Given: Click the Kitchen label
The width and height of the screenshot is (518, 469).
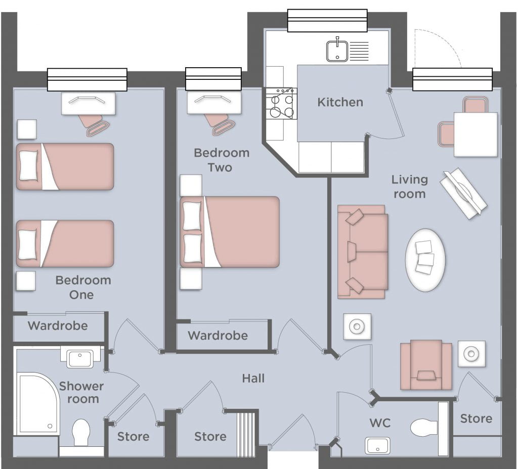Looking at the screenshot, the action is [x=340, y=102].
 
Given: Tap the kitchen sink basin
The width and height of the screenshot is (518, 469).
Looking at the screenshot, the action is [x=337, y=51].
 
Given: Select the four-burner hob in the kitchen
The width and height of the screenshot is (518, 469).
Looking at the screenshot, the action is [x=281, y=104].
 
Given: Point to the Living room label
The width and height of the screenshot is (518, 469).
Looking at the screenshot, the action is [x=410, y=187].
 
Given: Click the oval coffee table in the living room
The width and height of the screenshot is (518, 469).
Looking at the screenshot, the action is [x=425, y=260].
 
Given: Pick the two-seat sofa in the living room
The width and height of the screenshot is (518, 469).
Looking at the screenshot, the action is [x=362, y=252].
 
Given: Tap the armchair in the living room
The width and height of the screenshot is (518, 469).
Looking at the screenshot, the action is [x=426, y=365].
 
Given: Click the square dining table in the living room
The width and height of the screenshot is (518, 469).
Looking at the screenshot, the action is [x=476, y=134].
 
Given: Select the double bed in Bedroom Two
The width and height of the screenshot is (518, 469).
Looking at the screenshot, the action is [x=230, y=231].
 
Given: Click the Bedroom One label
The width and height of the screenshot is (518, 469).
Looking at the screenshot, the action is [x=82, y=288].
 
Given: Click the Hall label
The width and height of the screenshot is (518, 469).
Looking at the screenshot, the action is [x=253, y=378].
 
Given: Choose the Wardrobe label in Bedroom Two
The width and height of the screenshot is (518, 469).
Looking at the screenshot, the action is [x=218, y=336].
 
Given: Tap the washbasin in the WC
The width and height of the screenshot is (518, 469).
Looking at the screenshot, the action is [x=377, y=446].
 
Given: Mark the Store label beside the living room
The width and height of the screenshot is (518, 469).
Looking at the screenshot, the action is [x=476, y=419].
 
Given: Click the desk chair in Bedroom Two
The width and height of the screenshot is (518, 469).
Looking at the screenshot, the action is [x=220, y=124].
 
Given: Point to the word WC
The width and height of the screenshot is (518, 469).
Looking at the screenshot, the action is [x=380, y=423].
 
